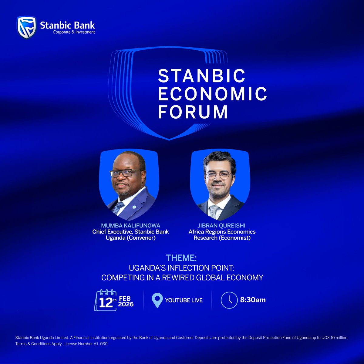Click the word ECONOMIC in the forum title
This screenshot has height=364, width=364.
pos(212,94)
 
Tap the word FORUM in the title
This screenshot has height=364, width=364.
pos(193,112)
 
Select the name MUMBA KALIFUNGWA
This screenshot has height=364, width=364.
pos(131,226)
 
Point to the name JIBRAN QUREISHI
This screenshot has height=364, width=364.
pos(222,226)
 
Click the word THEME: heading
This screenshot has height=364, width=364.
pos(181,258)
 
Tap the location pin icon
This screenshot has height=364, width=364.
pos(157,300)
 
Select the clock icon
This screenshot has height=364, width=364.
pos(229,300)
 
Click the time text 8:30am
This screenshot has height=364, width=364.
pos(253,300)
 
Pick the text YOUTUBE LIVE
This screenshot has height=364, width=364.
pos(184,300)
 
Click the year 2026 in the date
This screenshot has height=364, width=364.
pos(126,304)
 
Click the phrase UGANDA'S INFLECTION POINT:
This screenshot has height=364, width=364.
pos(182,268)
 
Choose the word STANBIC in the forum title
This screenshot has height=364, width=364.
pos(202,76)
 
